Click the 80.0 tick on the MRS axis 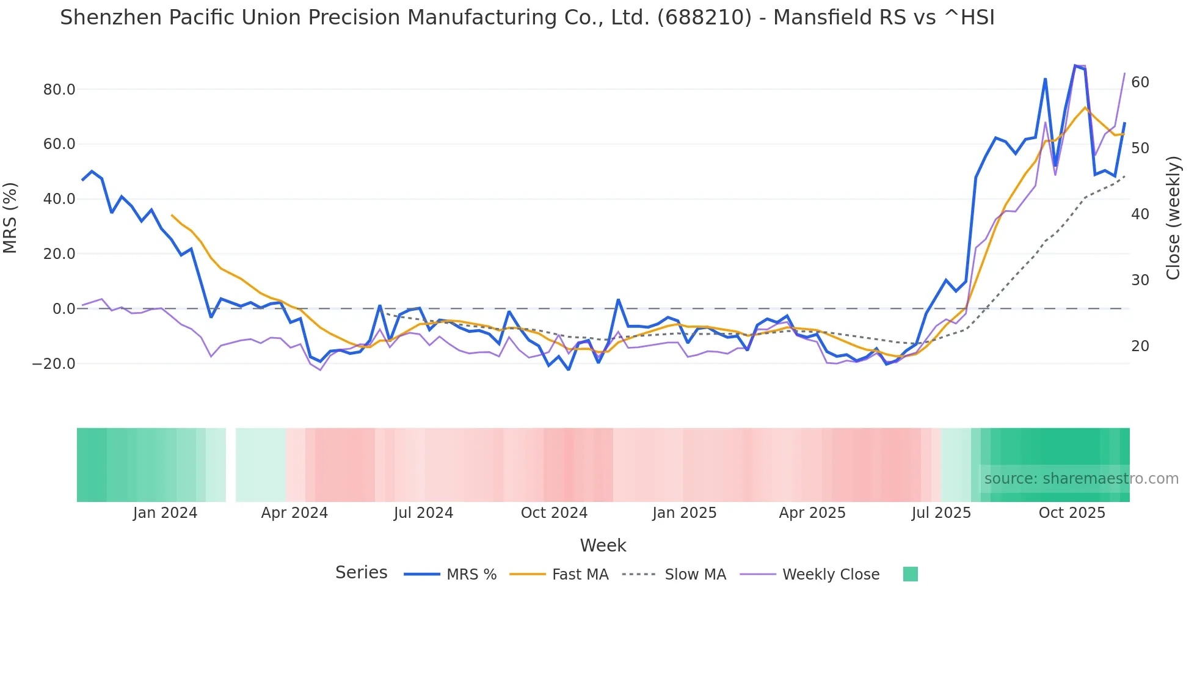59,90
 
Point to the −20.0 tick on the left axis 54,364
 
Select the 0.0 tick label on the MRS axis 64,309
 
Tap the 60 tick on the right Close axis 1140,82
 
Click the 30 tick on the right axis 1140,280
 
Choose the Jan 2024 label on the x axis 165,513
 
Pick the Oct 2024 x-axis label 554,513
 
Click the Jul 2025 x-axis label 941,513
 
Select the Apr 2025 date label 812,513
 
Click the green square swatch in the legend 910,574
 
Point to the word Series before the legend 361,573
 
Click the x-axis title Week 603,545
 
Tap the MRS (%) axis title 10,218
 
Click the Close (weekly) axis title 1173,218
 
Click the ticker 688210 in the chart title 704,18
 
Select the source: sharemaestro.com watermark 1081,479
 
